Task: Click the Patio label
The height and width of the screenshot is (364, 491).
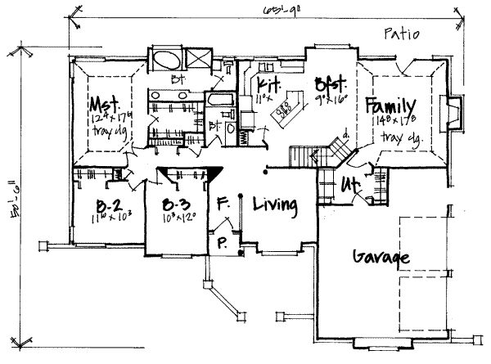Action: point(400,34)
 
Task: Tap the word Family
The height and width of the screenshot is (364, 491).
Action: point(391,106)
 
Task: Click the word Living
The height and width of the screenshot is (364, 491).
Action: point(273,204)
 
